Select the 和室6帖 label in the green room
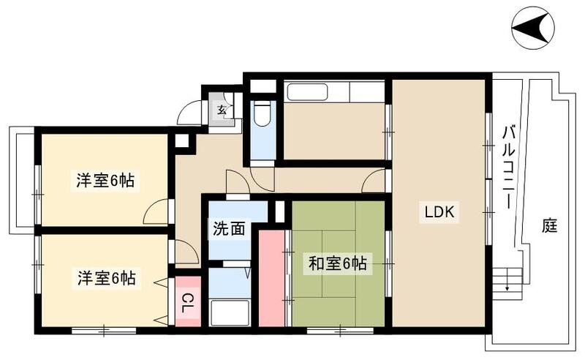[x=336, y=263]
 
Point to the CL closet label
[x=188, y=299]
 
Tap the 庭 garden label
[x=550, y=226]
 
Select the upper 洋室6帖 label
[x=105, y=180]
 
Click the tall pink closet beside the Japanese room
[x=271, y=278]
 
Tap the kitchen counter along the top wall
[x=334, y=92]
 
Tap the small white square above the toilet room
[x=260, y=85]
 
